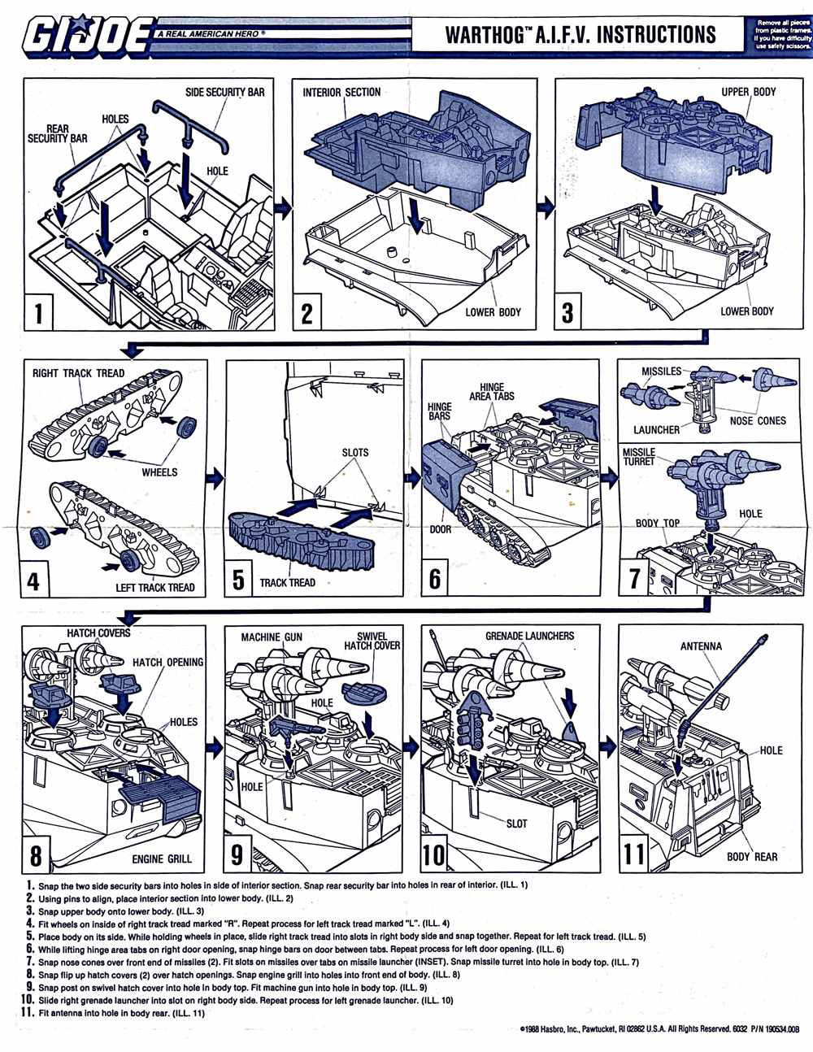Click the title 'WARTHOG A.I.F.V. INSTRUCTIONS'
point(580,35)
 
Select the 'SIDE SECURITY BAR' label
point(224,92)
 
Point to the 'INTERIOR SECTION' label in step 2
point(341,92)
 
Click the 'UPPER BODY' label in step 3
point(748,92)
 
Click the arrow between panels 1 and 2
point(284,209)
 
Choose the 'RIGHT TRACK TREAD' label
point(78,373)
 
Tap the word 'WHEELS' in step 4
point(159,472)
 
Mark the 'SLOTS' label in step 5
point(354,452)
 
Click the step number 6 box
point(435,578)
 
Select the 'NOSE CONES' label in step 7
point(758,420)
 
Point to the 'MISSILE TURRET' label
point(639,457)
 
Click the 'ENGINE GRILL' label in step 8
point(162,859)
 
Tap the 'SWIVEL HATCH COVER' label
point(372,641)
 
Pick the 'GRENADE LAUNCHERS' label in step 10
point(529,636)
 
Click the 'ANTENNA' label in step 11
point(700,646)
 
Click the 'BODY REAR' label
point(751,856)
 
